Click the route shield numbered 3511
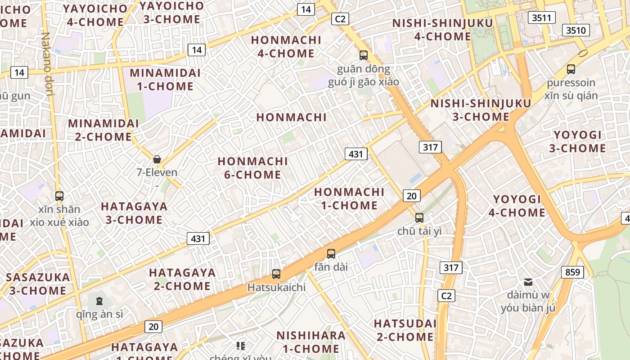[x=541, y=18]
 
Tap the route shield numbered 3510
[x=576, y=30]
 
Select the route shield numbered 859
[x=572, y=272]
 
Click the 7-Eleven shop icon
[x=157, y=159]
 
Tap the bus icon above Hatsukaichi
[x=276, y=274]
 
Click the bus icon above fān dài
[x=331, y=253]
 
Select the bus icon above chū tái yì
[x=419, y=217]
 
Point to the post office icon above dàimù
[x=528, y=282]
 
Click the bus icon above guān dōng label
[x=363, y=55]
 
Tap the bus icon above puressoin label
[x=571, y=69]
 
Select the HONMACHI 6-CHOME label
[x=252, y=168]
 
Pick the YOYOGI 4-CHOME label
[x=517, y=206]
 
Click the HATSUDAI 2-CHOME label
[x=405, y=330]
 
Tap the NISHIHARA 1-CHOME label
[x=310, y=342]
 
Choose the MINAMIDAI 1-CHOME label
[x=162, y=79]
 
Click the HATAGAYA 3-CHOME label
[x=134, y=213]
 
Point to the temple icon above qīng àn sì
[x=99, y=301]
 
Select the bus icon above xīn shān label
[x=59, y=196]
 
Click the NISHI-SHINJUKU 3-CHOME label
[x=481, y=110]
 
